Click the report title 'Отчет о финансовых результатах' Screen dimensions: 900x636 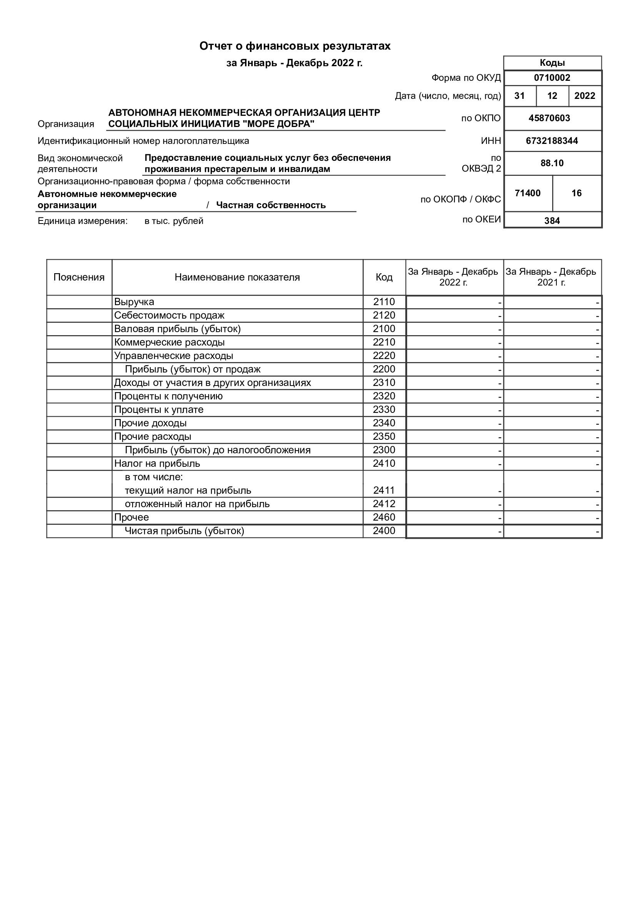pyautogui.click(x=295, y=46)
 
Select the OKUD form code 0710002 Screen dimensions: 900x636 pyautogui.click(x=552, y=78)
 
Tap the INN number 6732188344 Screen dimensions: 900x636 pyautogui.click(x=552, y=141)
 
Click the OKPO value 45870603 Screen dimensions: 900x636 pyautogui.click(x=549, y=118)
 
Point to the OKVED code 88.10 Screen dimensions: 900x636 pyautogui.click(x=552, y=163)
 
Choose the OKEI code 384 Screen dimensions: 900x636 pyautogui.click(x=552, y=221)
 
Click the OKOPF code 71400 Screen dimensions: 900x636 pyautogui.click(x=528, y=193)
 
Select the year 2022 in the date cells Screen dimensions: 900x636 pyautogui.click(x=584, y=96)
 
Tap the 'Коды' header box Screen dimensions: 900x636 pyautogui.click(x=552, y=63)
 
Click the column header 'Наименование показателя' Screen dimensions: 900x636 pyautogui.click(x=237, y=277)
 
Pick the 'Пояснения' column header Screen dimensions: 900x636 pyautogui.click(x=79, y=277)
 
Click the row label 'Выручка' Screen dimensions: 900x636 pyautogui.click(x=134, y=302)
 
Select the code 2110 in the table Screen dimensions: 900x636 pyautogui.click(x=384, y=302)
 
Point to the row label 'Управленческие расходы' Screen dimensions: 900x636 pyautogui.click(x=173, y=356)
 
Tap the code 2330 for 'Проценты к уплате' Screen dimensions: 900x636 pyautogui.click(x=384, y=409)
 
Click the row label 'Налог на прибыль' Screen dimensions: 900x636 pyautogui.click(x=157, y=463)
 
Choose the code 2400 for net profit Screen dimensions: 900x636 pyautogui.click(x=384, y=531)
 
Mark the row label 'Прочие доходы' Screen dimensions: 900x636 pyautogui.click(x=150, y=423)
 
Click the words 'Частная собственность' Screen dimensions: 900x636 pyautogui.click(x=271, y=205)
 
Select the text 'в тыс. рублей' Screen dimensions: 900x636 pyautogui.click(x=174, y=221)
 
